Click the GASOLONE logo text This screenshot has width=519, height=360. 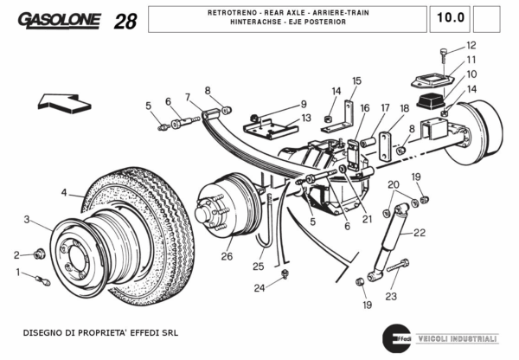(x=60, y=19)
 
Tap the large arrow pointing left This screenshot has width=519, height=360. (x=64, y=106)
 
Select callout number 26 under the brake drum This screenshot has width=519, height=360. (x=227, y=256)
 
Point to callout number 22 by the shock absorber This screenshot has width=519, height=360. (x=420, y=232)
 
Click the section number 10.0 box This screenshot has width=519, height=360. (x=450, y=17)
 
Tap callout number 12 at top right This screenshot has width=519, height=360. (x=471, y=45)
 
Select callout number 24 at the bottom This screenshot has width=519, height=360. (x=259, y=287)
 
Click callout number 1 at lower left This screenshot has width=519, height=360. (x=17, y=273)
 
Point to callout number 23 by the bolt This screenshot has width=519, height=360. (x=391, y=296)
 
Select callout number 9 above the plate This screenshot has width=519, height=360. (x=304, y=104)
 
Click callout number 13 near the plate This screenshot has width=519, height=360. (x=305, y=117)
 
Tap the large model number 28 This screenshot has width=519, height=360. (x=125, y=21)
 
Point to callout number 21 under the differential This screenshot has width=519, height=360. (x=367, y=219)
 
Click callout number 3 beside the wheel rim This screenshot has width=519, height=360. (x=27, y=219)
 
